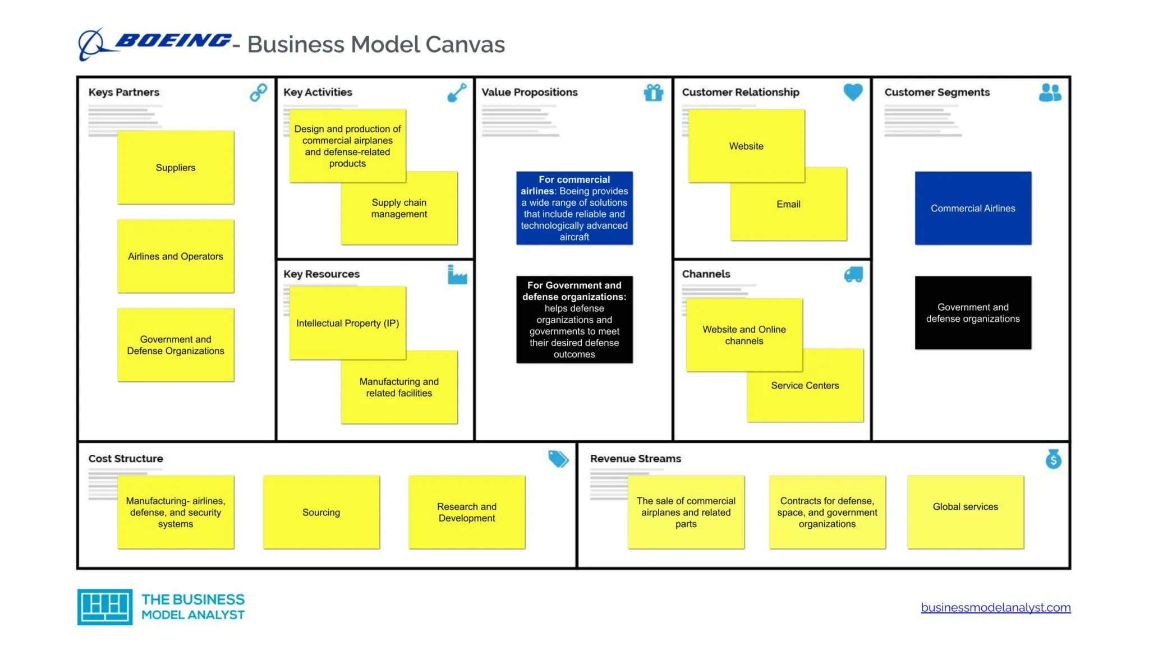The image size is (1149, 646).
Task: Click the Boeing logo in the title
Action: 154,43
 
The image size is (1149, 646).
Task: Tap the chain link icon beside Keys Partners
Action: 258,92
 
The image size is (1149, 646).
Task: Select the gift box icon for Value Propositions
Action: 654,92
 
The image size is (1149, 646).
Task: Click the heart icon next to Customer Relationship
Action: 853,92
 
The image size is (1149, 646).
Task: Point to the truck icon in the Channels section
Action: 853,274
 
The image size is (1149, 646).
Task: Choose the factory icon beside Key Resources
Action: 457,274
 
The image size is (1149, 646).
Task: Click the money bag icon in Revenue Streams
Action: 1053,459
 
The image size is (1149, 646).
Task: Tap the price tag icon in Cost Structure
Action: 558,459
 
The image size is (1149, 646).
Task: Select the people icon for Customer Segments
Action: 1050,93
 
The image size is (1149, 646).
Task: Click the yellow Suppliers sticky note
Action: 176,167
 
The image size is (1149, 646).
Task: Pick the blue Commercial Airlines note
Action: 973,208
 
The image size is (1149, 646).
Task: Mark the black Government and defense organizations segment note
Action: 973,312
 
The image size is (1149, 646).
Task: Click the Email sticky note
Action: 788,204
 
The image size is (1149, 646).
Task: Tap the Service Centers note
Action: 805,385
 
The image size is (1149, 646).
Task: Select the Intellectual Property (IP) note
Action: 347,323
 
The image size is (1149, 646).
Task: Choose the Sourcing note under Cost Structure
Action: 321,512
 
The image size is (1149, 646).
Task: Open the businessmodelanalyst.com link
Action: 996,607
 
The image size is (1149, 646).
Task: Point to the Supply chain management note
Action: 399,208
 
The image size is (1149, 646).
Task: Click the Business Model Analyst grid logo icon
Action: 105,607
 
